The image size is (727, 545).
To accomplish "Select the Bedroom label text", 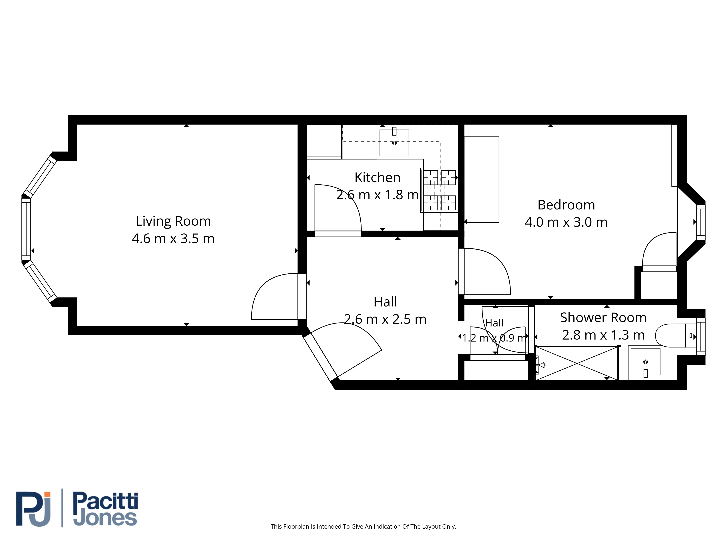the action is click(566, 205).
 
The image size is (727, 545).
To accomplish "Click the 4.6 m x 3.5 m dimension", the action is click(173, 239).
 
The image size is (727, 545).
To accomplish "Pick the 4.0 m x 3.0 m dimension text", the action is click(566, 222).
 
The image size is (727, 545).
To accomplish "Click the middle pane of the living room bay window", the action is click(26, 229).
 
